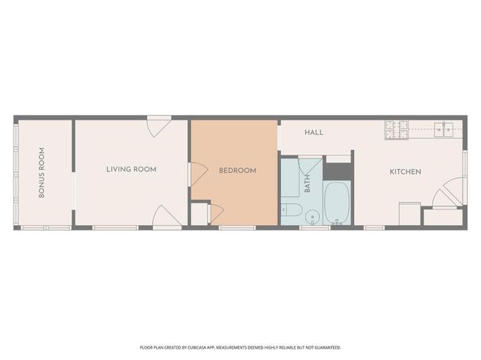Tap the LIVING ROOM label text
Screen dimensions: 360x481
click(131, 169)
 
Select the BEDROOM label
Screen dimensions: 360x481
click(238, 171)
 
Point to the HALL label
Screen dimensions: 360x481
click(314, 132)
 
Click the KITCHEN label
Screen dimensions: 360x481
click(405, 172)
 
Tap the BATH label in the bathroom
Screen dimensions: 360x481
click(308, 184)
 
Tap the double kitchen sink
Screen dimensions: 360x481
click(444, 128)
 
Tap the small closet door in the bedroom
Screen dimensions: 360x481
click(215, 212)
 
